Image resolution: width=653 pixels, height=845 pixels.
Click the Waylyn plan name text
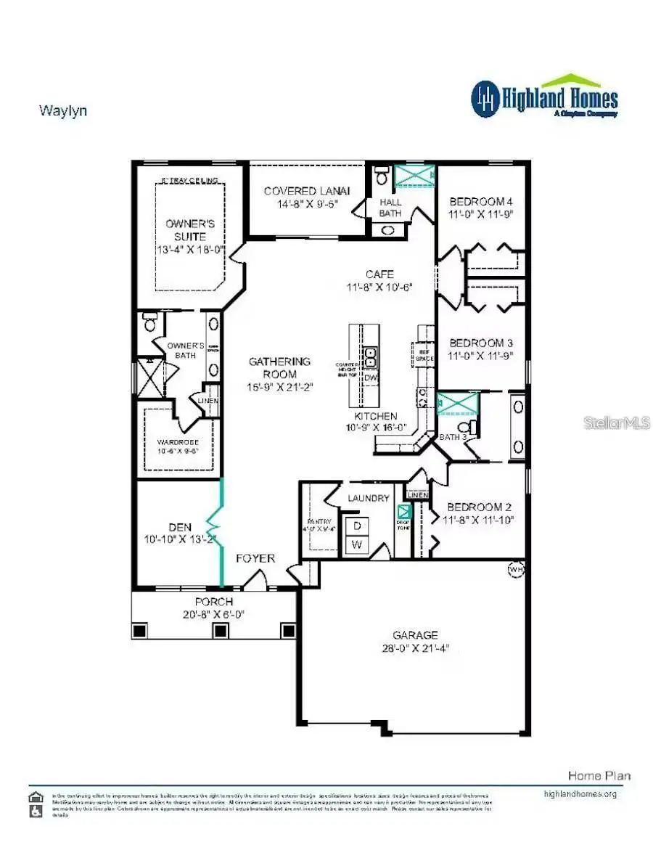(62, 111)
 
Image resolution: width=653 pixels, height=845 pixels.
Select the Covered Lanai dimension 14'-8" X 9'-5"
(307, 205)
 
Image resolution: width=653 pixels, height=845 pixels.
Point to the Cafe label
(379, 274)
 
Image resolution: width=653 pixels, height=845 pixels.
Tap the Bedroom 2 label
(475, 507)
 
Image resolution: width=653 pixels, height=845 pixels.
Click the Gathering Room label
(279, 367)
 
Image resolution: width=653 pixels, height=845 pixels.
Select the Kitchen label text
(375, 416)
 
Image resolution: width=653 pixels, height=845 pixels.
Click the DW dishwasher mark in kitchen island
(370, 377)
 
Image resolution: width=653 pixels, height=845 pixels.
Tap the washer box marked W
(357, 544)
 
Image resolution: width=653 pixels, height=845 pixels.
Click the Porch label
(214, 602)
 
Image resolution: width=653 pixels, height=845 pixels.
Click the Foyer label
(255, 558)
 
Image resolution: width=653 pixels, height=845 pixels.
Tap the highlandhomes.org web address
(580, 793)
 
